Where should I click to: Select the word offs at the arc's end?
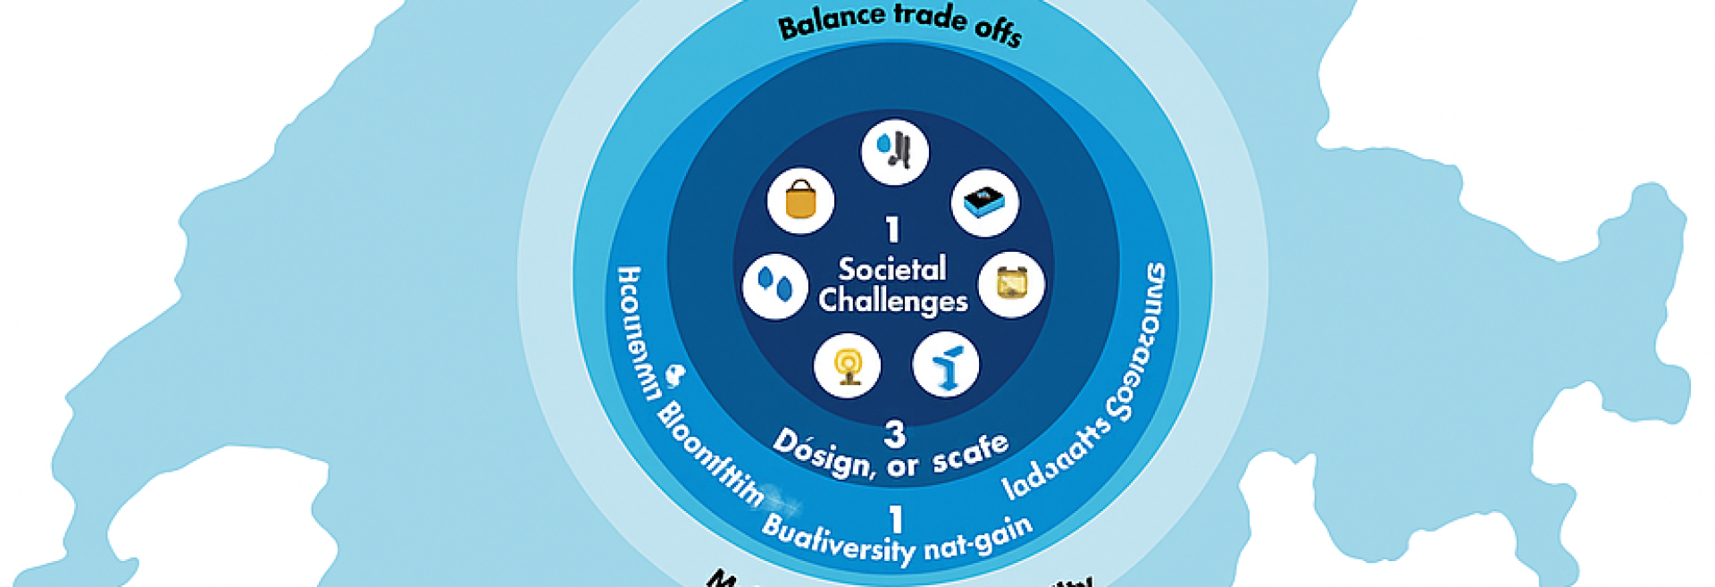point(998,31)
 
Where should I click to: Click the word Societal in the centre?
point(891,268)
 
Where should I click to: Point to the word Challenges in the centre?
point(892,300)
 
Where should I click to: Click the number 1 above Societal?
point(891,231)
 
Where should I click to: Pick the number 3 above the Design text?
point(894,434)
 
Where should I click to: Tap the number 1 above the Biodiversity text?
point(895,519)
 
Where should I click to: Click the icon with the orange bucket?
point(800,201)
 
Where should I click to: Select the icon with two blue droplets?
point(775,286)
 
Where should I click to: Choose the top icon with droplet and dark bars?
point(895,152)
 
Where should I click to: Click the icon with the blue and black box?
point(985,204)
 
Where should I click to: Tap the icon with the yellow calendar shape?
point(1011,285)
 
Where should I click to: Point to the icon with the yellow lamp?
point(847,365)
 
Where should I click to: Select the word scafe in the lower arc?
point(970,452)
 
